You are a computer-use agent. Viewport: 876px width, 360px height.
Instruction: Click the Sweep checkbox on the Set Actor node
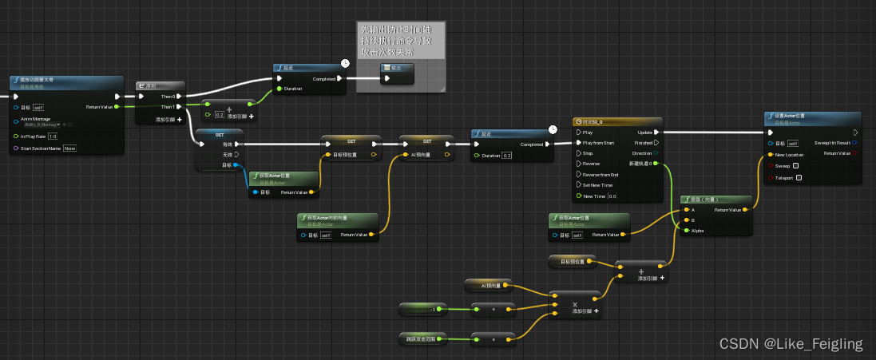click(795, 166)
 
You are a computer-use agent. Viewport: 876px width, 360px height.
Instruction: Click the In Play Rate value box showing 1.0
click(53, 136)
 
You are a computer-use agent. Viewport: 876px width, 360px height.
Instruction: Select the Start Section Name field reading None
click(69, 148)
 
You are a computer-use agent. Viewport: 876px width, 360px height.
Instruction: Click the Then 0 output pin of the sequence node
click(180, 97)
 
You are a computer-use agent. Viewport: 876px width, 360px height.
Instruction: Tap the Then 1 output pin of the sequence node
click(180, 106)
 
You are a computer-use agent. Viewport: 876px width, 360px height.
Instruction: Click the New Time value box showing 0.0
click(612, 196)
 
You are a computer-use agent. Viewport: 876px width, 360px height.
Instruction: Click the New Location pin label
click(789, 155)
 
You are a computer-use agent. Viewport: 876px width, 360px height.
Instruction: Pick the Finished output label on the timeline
click(642, 143)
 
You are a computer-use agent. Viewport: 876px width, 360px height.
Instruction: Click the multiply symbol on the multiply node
click(575, 303)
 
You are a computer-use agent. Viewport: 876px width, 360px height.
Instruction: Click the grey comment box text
click(399, 40)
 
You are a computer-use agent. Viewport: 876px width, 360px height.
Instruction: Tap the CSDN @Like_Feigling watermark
click(791, 344)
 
